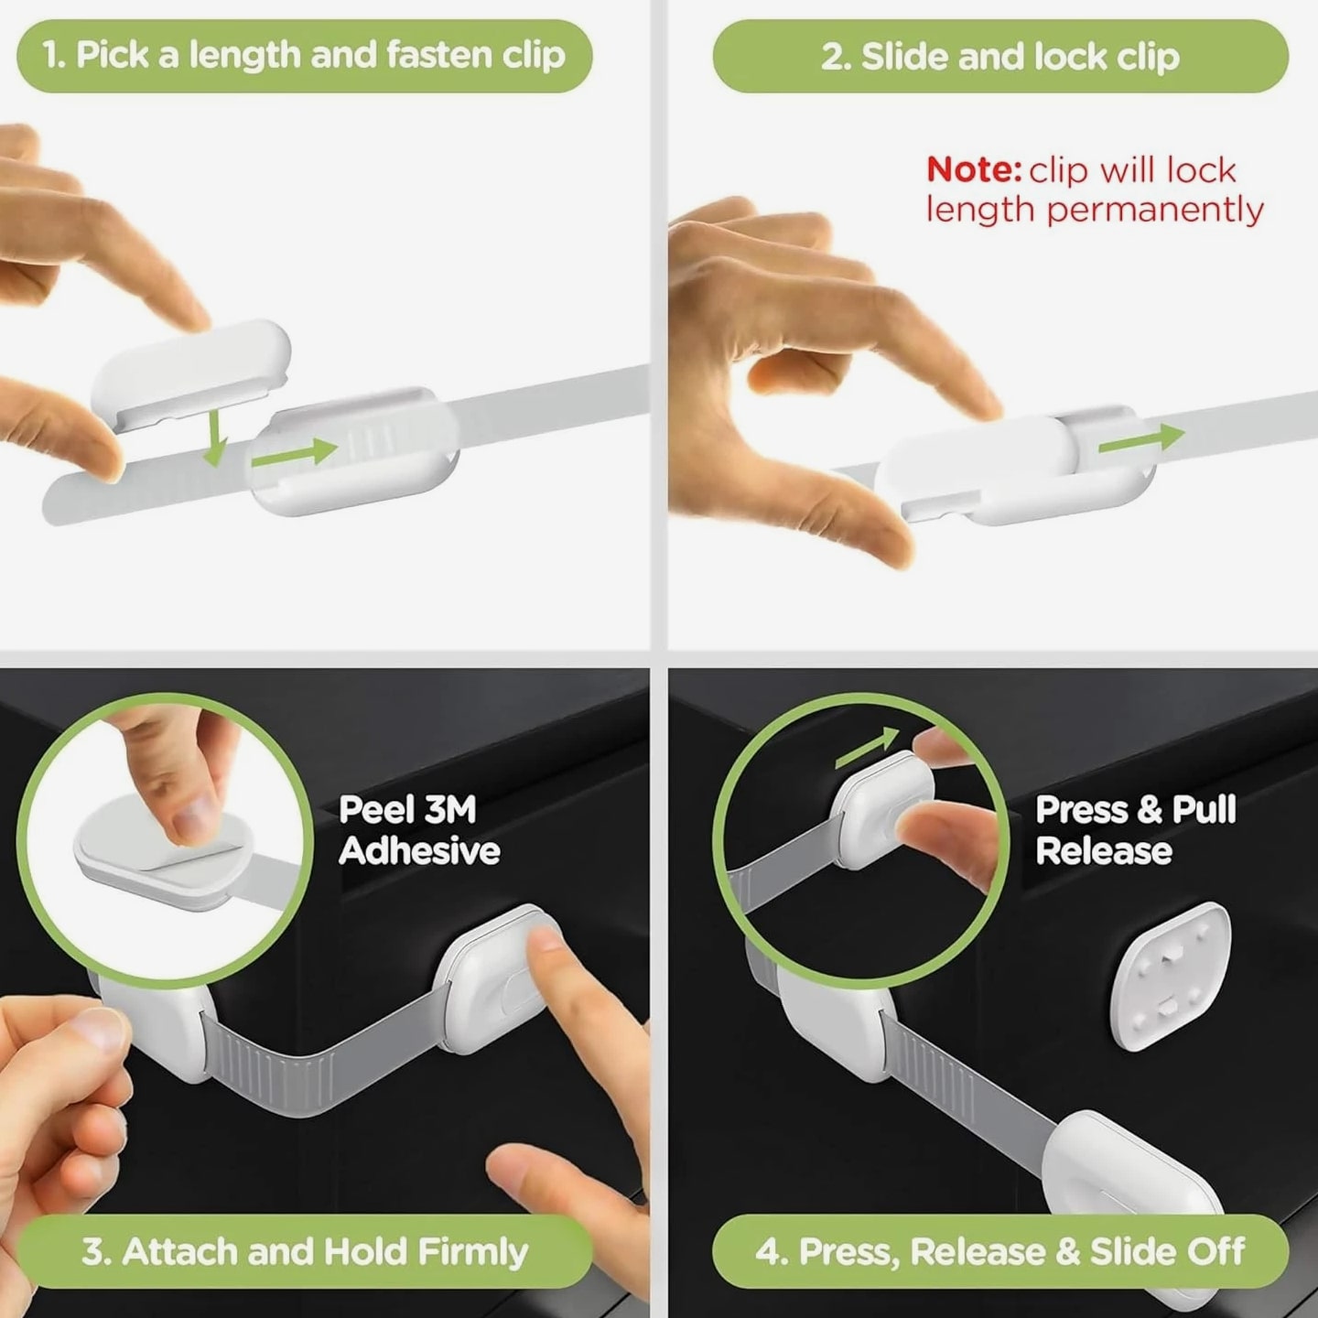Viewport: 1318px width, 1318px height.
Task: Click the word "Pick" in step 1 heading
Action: [x=113, y=55]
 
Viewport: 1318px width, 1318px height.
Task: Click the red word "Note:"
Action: [x=974, y=169]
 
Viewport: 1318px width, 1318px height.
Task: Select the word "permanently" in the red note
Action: [x=1155, y=210]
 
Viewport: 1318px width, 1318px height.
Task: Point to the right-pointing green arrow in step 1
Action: [x=295, y=453]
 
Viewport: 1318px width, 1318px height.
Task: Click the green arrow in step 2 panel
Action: [x=1140, y=439]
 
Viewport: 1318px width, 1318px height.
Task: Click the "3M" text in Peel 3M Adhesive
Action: [x=450, y=809]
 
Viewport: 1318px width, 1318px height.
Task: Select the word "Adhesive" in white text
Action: [x=419, y=851]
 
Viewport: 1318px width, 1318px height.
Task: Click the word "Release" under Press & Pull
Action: [x=1104, y=851]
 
